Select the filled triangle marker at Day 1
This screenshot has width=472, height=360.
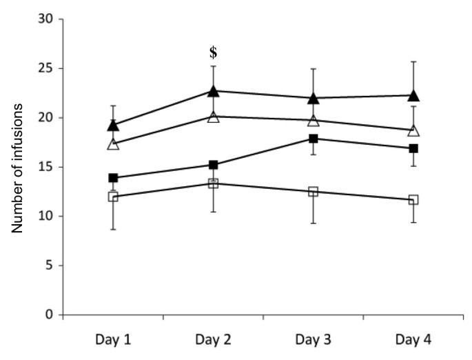point(113,126)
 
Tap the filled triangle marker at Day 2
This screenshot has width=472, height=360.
point(213,91)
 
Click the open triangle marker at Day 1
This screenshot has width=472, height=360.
point(113,144)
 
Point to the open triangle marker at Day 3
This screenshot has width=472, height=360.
point(313,121)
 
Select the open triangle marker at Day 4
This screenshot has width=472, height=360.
point(413,130)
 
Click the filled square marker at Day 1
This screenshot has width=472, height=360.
point(113,178)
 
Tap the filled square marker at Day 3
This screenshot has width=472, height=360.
point(313,139)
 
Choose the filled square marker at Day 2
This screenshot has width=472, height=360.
point(213,165)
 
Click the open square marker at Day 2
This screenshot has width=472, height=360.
point(213,183)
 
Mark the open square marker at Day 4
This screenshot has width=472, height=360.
point(413,200)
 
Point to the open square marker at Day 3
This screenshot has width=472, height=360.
point(313,192)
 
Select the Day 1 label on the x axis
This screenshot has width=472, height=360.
point(113,339)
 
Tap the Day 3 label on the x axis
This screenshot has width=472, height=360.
point(313,339)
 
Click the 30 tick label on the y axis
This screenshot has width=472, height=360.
point(45,19)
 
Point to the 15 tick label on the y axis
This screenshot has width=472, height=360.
point(45,167)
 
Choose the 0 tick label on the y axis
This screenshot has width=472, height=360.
point(48,315)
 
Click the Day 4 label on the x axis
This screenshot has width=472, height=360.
point(413,339)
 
